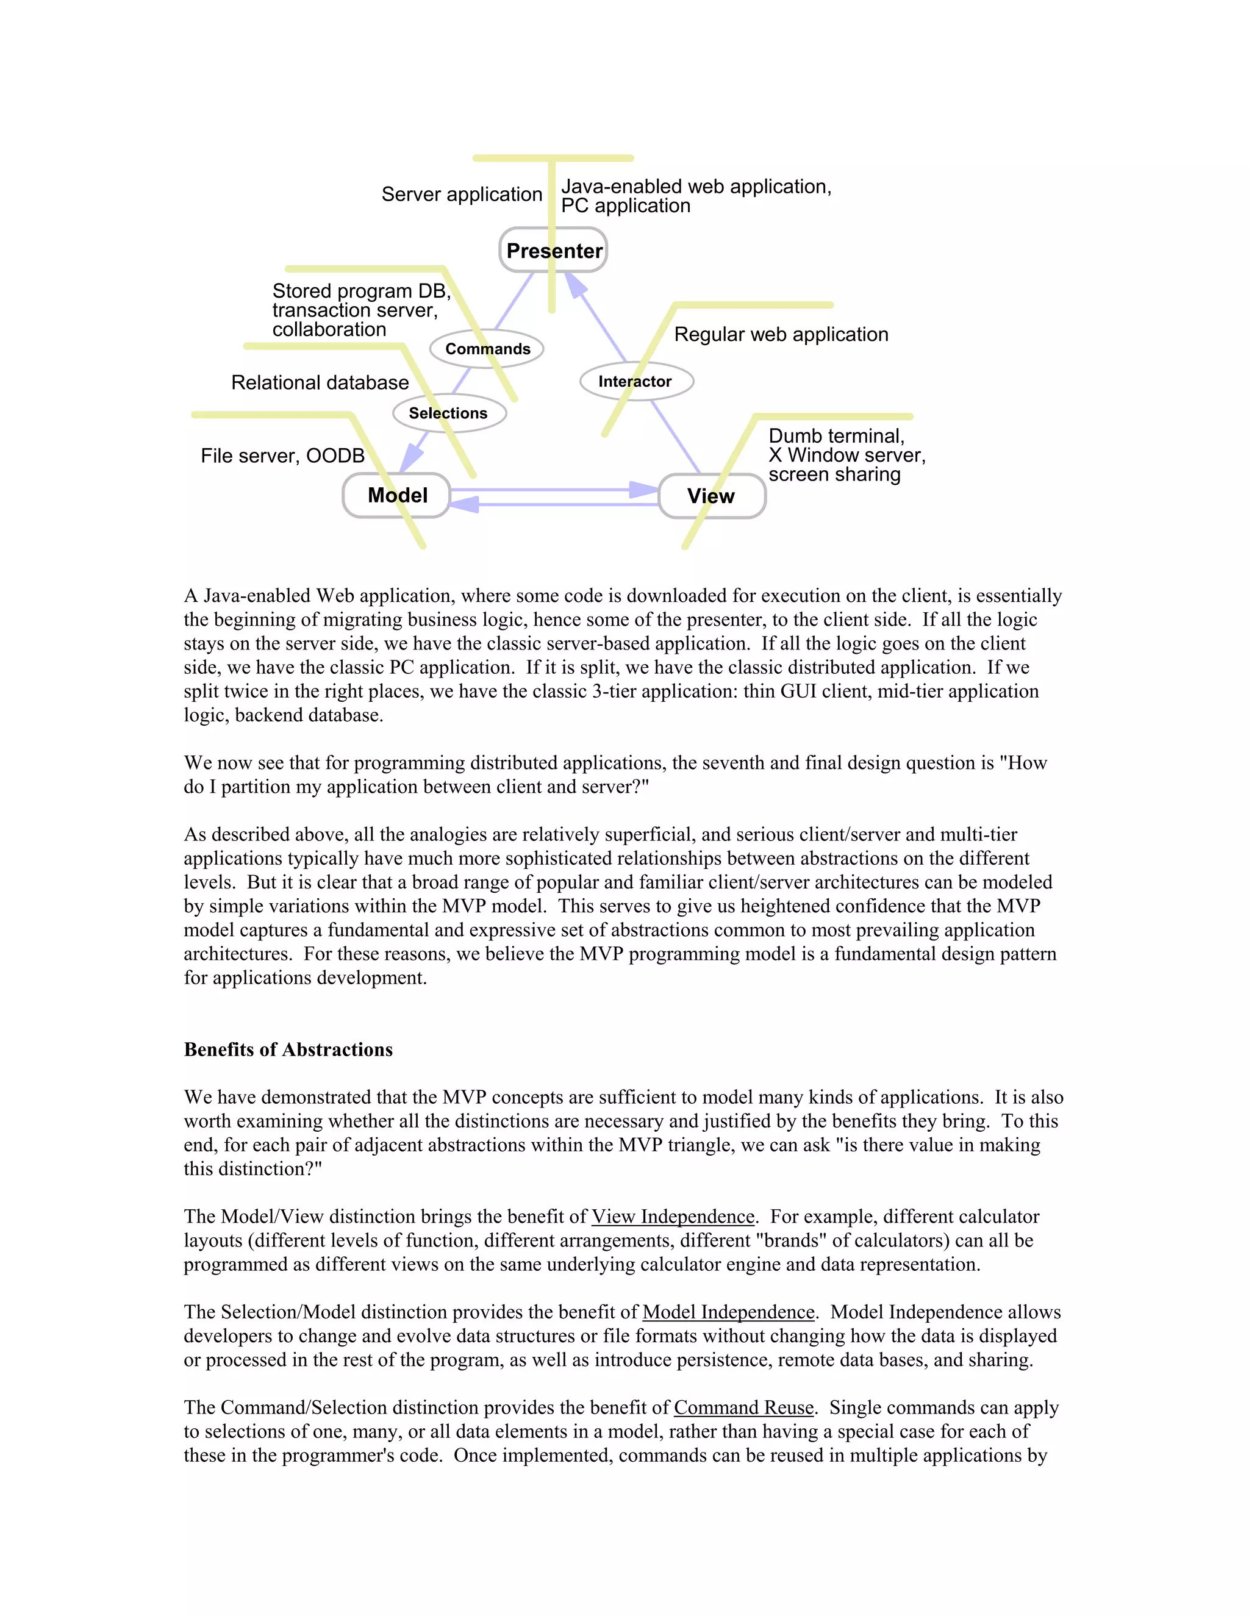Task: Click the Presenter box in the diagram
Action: click(x=554, y=251)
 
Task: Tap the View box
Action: click(x=711, y=496)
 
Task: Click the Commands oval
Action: click(x=487, y=348)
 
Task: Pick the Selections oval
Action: click(x=448, y=413)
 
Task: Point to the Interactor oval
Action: click(x=635, y=381)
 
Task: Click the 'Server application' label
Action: click(x=462, y=194)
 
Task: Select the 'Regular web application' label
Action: click(x=781, y=334)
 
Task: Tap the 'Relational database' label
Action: click(x=320, y=382)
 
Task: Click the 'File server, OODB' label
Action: click(x=282, y=456)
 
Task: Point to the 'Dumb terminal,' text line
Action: click(x=836, y=436)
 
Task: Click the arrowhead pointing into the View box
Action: click(x=642, y=489)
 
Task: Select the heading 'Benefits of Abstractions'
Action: click(x=288, y=1049)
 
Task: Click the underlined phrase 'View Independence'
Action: click(x=673, y=1217)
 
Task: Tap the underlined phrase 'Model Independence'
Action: click(x=728, y=1312)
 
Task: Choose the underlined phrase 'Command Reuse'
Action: click(x=743, y=1407)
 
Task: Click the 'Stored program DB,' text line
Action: click(x=361, y=291)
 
